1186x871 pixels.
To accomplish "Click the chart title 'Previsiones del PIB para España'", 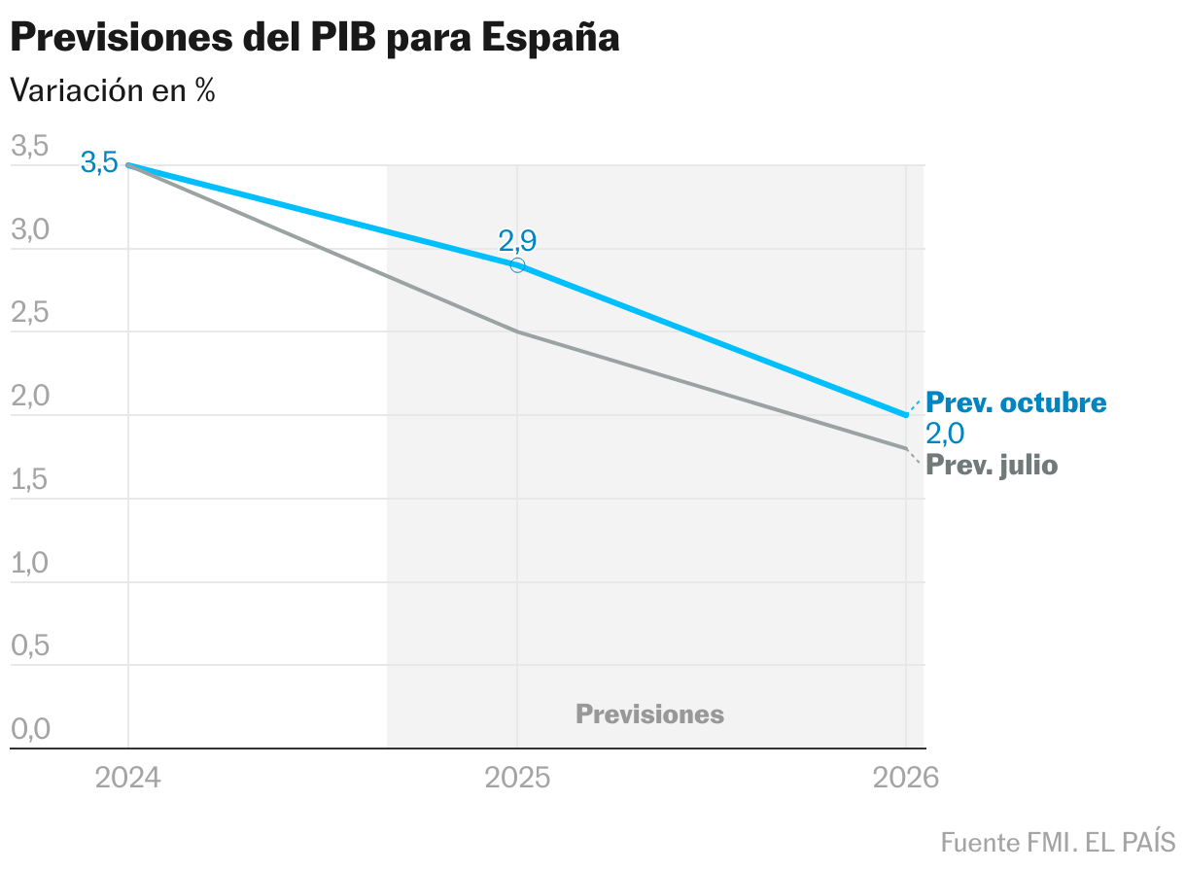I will (x=314, y=38).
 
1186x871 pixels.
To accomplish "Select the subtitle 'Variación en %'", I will (x=112, y=90).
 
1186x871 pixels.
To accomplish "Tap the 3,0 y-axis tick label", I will (x=29, y=230).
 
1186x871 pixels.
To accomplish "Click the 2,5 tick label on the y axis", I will (x=29, y=314).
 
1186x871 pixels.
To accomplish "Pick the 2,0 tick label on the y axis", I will (x=29, y=397).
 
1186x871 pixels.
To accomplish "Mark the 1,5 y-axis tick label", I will (x=29, y=480).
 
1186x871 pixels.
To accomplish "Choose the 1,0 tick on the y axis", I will (x=29, y=564).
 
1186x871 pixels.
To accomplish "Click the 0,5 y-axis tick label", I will (x=29, y=646).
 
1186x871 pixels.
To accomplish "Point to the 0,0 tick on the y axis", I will (x=29, y=730).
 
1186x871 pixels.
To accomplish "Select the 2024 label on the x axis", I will (x=128, y=779).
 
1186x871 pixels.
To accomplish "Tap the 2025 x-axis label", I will (x=517, y=779).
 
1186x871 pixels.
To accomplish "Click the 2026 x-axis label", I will (x=905, y=779).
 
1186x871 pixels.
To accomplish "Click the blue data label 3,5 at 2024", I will (x=99, y=163).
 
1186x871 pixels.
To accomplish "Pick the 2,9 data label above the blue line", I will (x=517, y=241).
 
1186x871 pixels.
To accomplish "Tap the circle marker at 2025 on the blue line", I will (x=517, y=265).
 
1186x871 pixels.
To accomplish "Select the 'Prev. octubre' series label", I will (x=1016, y=402).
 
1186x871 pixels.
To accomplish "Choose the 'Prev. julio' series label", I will (x=992, y=466).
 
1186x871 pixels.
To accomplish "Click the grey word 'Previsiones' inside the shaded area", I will (x=649, y=714).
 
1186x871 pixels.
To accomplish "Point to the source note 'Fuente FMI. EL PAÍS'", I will (x=1058, y=841).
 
